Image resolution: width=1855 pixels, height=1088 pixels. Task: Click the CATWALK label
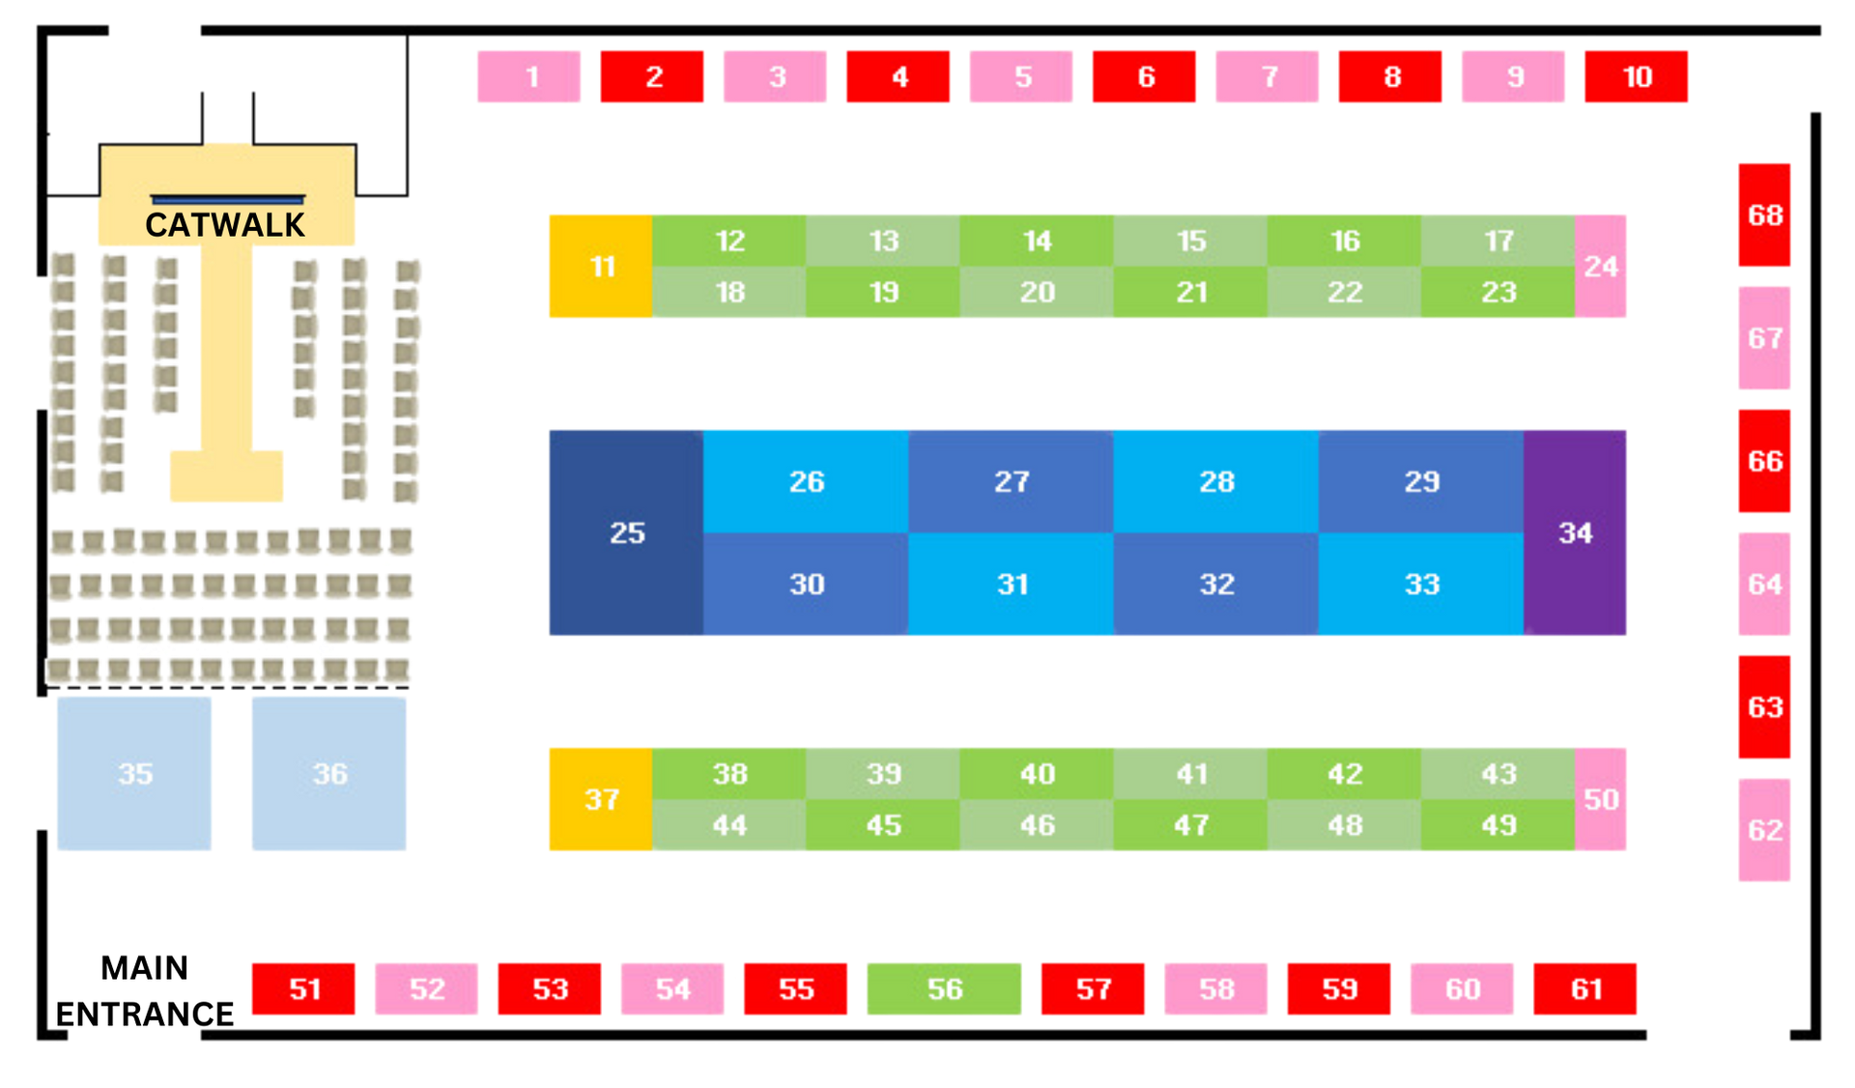[225, 224]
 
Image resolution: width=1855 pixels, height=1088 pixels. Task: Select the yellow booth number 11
[600, 266]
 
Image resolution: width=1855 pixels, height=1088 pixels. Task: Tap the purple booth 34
[1576, 532]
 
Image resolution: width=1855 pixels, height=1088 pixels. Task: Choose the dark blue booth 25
[626, 532]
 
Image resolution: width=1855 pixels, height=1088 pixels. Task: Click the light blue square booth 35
[134, 773]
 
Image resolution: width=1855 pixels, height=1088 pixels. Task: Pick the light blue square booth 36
[329, 773]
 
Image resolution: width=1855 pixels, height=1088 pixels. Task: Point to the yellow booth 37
[600, 799]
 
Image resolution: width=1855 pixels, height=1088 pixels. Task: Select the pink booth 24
[1601, 266]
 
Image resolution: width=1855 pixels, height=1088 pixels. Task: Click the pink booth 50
[1601, 799]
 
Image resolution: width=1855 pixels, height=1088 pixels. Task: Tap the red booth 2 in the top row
[653, 76]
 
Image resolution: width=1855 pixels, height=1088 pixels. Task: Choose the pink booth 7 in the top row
[1268, 76]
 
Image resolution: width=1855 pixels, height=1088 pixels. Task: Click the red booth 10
[1636, 76]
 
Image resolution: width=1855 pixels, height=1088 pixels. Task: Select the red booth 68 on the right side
[1764, 215]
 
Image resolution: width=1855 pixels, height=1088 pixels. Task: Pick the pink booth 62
[1764, 830]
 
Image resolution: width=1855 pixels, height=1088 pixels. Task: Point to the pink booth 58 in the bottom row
[1215, 988]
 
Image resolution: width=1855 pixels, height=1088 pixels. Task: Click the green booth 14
[1037, 241]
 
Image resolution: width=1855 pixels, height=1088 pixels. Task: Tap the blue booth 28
[1216, 481]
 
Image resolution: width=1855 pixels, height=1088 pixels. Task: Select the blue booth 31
[1012, 585]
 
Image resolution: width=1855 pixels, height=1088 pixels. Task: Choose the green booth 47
[1190, 825]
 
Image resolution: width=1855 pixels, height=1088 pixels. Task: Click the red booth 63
[1764, 707]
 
